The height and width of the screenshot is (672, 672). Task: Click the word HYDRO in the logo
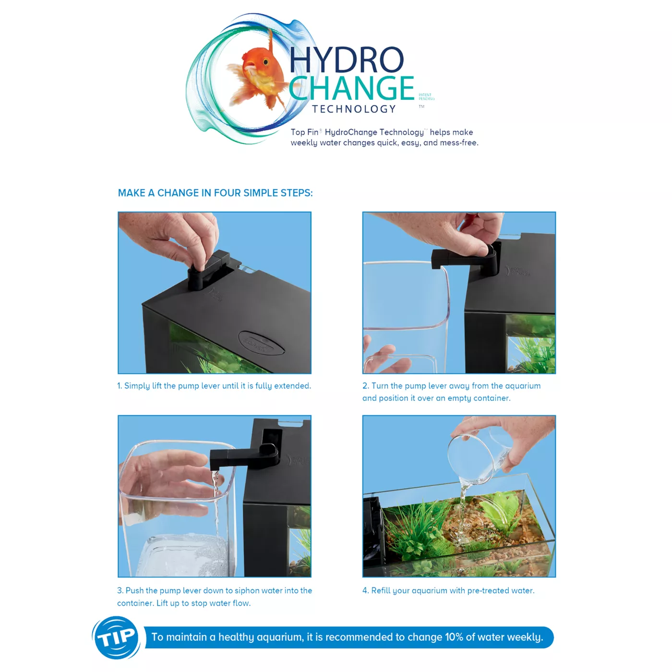click(346, 60)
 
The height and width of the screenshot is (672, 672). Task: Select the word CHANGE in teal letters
click(351, 88)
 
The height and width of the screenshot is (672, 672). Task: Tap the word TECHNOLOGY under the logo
click(354, 109)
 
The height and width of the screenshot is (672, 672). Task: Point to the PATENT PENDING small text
click(426, 97)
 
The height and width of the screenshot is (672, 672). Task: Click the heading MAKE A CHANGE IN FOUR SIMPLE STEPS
click(215, 193)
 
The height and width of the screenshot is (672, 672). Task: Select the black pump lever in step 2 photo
click(466, 259)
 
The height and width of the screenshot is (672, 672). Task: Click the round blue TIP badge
click(116, 637)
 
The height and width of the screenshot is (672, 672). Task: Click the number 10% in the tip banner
click(454, 637)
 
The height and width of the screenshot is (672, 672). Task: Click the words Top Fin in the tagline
click(304, 132)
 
